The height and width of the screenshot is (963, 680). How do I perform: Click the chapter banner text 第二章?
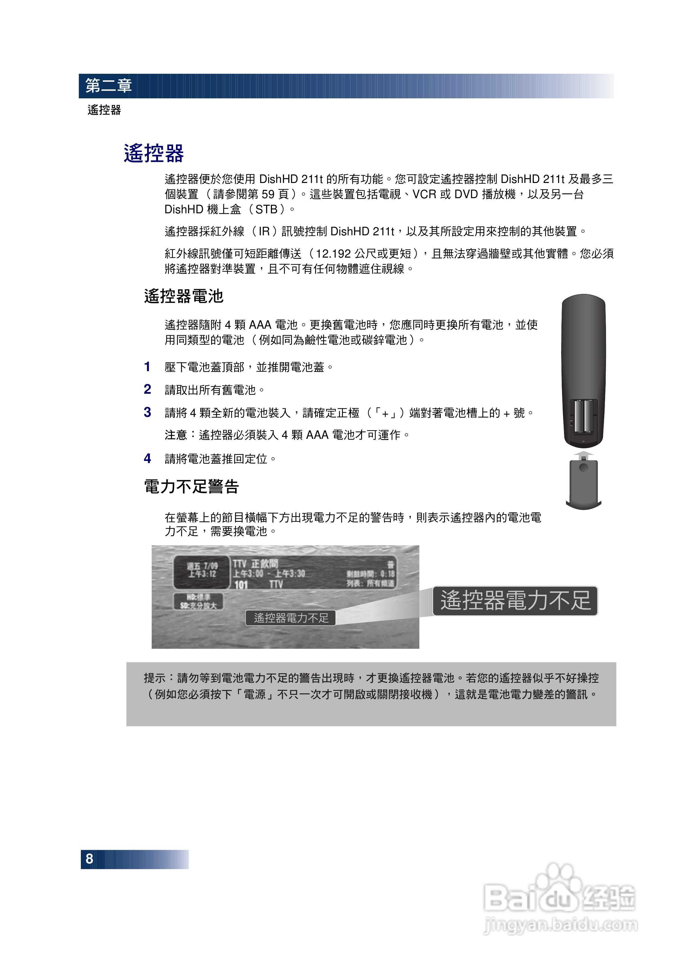click(x=109, y=85)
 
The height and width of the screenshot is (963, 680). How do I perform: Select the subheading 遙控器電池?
click(x=184, y=296)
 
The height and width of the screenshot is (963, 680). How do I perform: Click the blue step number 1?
click(x=147, y=367)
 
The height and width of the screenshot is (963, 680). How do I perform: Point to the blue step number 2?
click(x=147, y=389)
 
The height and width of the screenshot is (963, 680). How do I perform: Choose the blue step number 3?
click(x=147, y=412)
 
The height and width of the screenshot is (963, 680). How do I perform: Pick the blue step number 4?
click(x=147, y=458)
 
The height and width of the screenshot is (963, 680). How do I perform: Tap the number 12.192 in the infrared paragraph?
click(x=333, y=254)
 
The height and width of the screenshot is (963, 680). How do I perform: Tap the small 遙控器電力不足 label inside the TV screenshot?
click(x=291, y=618)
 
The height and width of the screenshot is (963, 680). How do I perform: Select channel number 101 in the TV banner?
click(x=241, y=584)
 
